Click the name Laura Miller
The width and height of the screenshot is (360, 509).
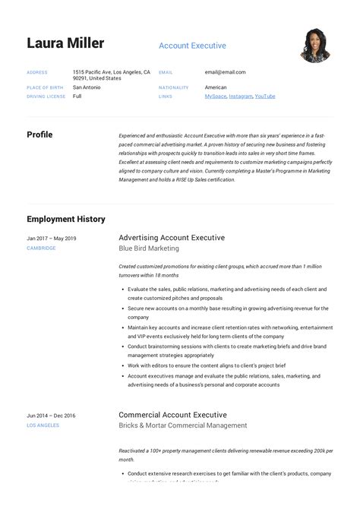tap(65, 43)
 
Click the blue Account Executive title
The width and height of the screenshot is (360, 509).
tap(192, 46)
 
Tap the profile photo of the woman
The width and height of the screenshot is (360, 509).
tap(314, 46)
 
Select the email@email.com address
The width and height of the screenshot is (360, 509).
tap(225, 72)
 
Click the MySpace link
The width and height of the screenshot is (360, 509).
tap(215, 96)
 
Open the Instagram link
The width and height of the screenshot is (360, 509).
tap(240, 96)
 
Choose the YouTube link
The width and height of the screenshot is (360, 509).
tap(265, 96)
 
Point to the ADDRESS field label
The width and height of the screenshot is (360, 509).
tap(37, 73)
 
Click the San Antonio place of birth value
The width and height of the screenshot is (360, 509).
tap(87, 87)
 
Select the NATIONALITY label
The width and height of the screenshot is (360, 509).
tap(173, 88)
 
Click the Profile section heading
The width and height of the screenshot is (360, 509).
tap(39, 134)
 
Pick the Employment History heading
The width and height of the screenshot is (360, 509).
tap(66, 219)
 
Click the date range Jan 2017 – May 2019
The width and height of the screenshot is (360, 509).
tap(52, 239)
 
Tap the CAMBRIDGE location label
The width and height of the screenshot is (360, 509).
tap(41, 248)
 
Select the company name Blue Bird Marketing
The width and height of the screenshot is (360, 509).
tap(149, 248)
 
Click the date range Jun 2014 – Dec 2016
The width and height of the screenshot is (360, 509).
tap(51, 416)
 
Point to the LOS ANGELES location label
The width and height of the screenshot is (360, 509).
tap(43, 425)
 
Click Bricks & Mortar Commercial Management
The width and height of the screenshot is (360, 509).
tap(183, 425)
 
